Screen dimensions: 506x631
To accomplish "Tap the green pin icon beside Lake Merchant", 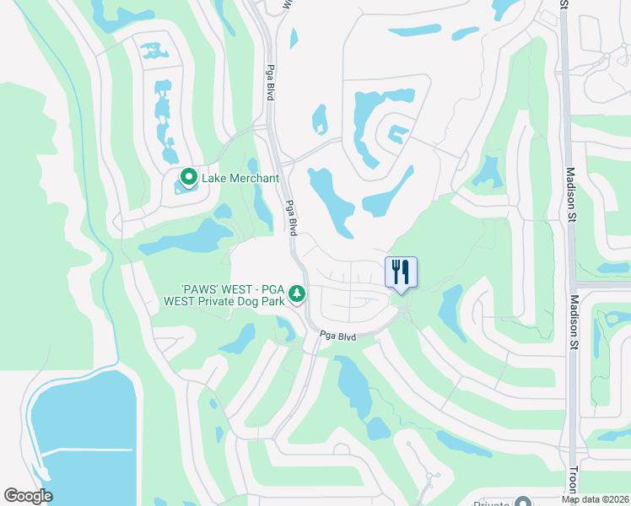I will (x=188, y=178).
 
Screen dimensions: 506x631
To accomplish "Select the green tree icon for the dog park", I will (x=296, y=293).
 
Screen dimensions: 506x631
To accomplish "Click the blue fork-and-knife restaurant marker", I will (x=402, y=272).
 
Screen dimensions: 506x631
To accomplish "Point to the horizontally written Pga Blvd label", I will (x=337, y=336).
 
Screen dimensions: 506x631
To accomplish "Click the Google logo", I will (x=28, y=496).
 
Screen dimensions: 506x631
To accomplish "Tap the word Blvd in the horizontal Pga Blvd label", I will (x=347, y=336).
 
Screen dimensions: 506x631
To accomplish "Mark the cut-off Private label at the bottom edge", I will (x=493, y=503).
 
